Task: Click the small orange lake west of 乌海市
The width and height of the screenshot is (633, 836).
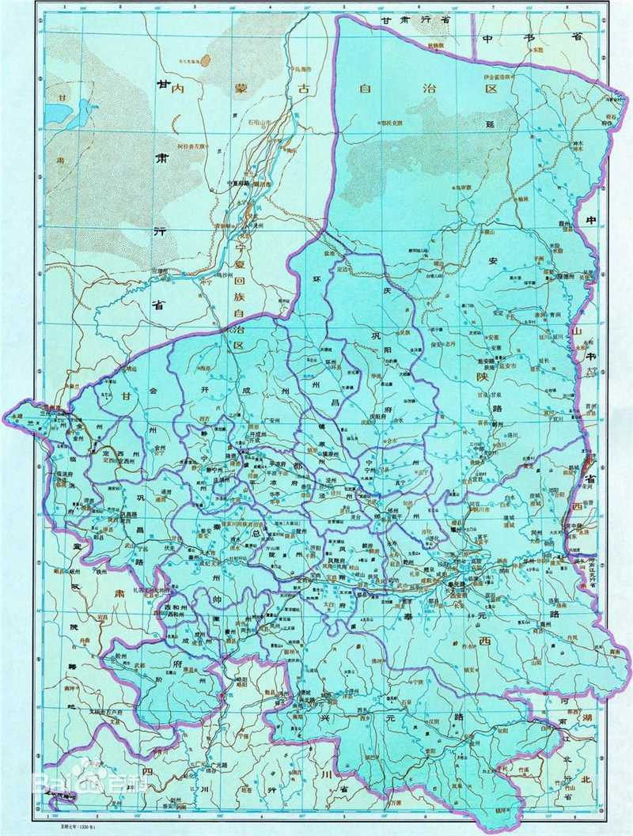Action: (x=206, y=59)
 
